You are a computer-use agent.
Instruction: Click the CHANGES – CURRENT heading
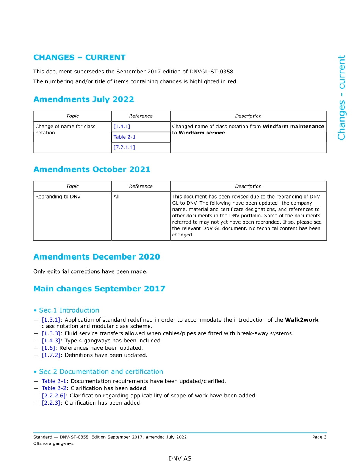coord(79,58)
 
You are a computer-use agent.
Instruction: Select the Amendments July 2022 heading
coord(83,99)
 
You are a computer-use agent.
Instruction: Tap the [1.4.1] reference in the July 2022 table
coord(122,127)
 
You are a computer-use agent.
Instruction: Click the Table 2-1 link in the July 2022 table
coord(124,137)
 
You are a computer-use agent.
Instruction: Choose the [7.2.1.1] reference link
coord(124,147)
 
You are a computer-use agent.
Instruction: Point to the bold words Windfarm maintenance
coord(293,127)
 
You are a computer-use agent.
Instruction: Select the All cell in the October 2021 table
coord(116,197)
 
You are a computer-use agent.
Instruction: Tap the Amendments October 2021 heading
coord(92,169)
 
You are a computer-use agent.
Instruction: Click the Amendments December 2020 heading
coord(96,257)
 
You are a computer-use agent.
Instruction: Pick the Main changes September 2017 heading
coord(99,289)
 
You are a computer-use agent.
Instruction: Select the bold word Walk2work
coord(301,320)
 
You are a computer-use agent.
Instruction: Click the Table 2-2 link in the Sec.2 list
coord(54,388)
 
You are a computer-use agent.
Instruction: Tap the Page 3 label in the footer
coord(319,437)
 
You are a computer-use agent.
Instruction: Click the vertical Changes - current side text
coord(341,97)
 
